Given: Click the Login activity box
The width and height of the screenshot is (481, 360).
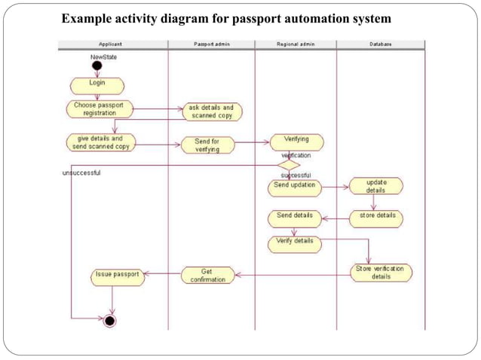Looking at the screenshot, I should coord(97,84).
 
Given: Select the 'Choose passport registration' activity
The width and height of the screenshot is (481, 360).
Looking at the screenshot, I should coord(99,109).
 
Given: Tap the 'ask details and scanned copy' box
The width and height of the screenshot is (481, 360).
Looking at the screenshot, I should coord(211,112).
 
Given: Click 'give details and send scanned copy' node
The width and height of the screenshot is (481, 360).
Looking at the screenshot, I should coord(100,143).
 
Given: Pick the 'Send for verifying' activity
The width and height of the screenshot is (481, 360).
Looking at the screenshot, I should coord(207,145).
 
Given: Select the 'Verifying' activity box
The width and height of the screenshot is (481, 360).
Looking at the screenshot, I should coord(296,141).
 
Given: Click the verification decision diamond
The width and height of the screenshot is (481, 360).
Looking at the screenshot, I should coord(289,164).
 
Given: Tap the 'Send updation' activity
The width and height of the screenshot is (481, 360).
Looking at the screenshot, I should coord(295,185).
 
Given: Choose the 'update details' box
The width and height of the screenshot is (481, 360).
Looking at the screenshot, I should coord(375,186).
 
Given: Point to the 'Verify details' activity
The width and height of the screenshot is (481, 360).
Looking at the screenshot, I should coord(295,243).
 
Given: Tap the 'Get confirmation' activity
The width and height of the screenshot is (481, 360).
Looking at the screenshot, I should coord(207,275).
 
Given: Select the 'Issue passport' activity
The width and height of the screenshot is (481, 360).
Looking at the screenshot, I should coord(118,276).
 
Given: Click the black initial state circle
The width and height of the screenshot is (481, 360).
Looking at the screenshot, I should coord(97,66).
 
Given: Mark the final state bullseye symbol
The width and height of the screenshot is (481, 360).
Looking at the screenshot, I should coord(110,322).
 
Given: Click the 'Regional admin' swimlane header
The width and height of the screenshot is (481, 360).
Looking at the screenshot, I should coord(295,44).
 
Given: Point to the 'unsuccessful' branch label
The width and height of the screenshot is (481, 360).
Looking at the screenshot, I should coord(81,172).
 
